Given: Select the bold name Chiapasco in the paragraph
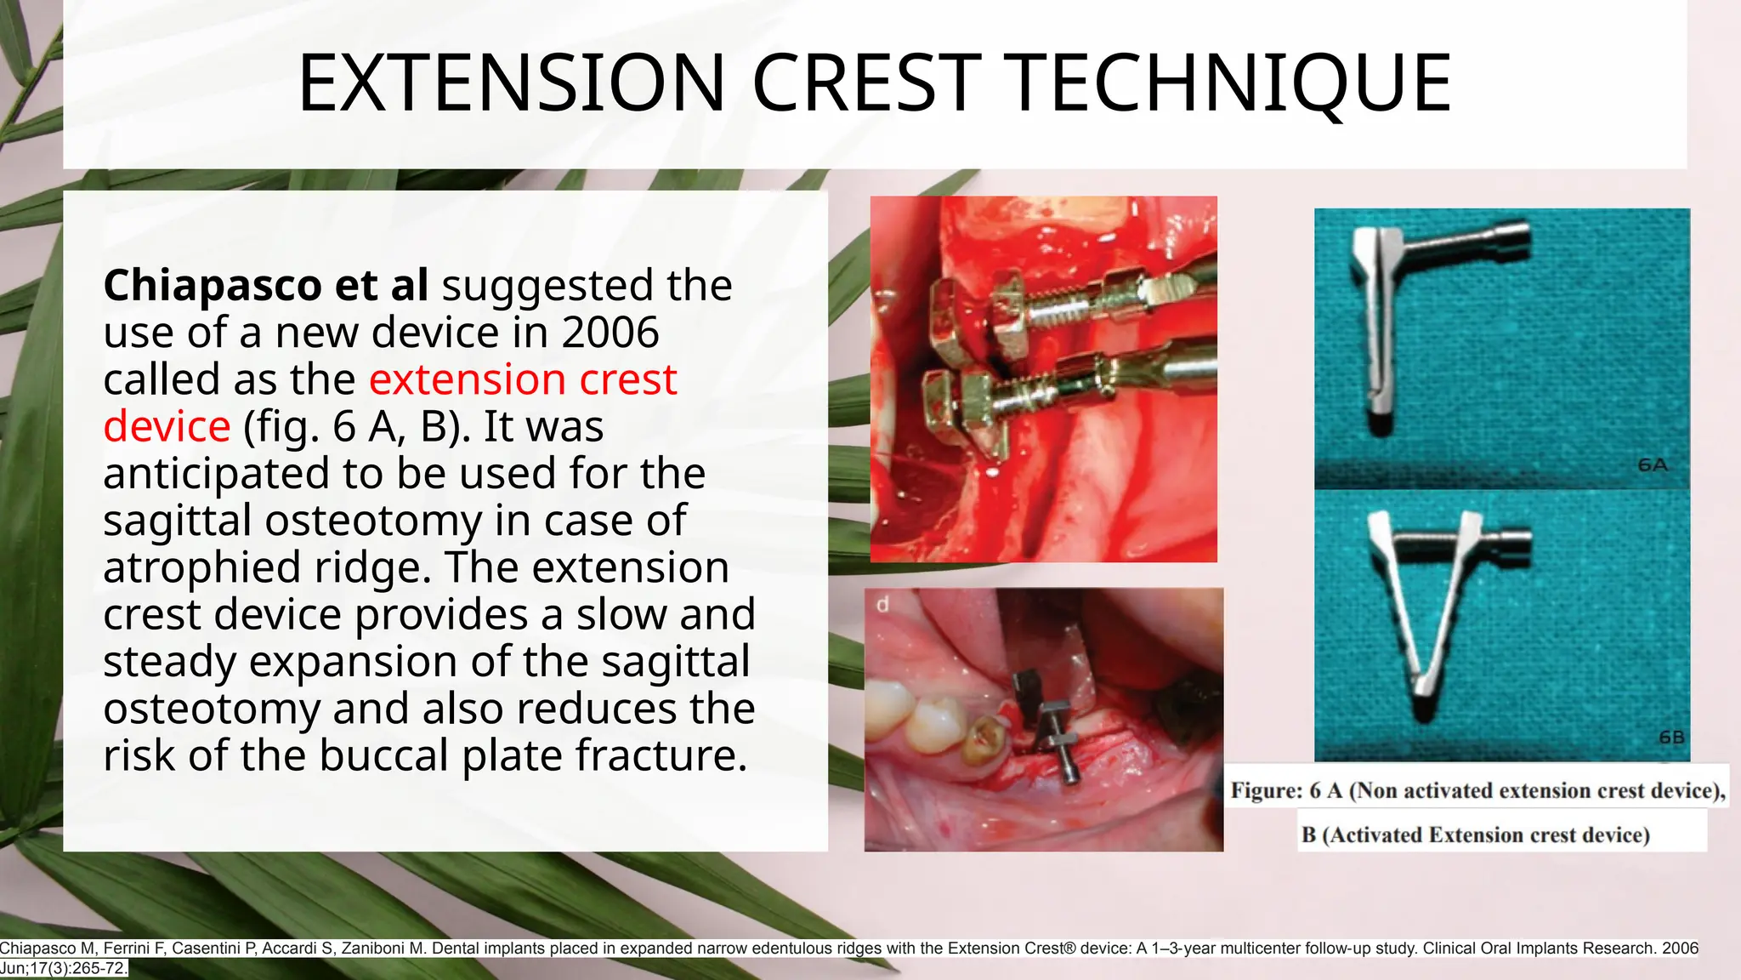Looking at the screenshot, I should pyautogui.click(x=211, y=285).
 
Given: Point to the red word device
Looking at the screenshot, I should pyautogui.click(x=167, y=426).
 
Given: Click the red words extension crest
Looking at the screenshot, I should pyautogui.click(x=523, y=379).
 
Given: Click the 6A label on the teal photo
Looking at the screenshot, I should pyautogui.click(x=1652, y=465).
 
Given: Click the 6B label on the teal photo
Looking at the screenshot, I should pyautogui.click(x=1670, y=738).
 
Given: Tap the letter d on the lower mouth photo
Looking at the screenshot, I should pyautogui.click(x=882, y=605).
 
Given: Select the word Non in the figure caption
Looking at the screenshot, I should pyautogui.click(x=1376, y=791).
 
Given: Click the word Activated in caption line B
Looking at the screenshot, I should pyautogui.click(x=1375, y=835).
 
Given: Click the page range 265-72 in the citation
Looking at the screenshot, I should pyautogui.click(x=95, y=968).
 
